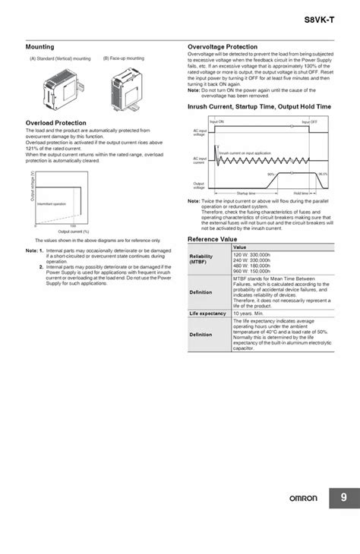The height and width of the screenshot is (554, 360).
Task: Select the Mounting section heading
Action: pos(39,47)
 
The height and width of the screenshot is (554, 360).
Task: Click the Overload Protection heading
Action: pos(55,122)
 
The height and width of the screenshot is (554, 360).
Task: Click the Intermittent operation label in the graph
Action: pos(52,204)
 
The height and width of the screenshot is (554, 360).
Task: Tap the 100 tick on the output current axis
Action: pos(73,226)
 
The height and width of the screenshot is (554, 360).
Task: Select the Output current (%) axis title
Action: pos(74,232)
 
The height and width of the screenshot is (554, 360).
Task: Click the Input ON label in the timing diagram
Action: pos(216,121)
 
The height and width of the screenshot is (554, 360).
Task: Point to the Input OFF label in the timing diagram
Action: pos(309,121)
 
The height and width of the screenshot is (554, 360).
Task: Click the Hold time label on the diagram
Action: pos(301,194)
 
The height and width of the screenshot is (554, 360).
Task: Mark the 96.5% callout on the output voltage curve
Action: pos(323,174)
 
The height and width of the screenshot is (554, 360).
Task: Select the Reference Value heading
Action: pos(213,238)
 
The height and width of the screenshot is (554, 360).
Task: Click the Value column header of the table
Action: pos(240,247)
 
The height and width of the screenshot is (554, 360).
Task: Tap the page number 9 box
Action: pos(343,519)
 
